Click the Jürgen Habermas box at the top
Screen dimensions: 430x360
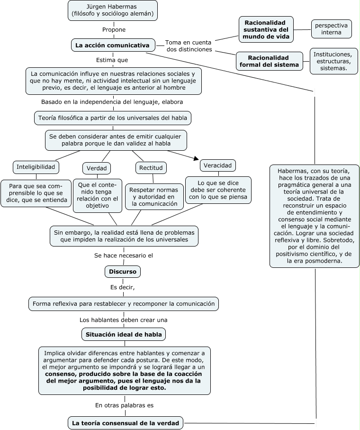point(113,10)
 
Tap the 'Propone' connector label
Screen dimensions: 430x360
point(114,29)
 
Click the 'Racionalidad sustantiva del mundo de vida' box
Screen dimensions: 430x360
point(266,29)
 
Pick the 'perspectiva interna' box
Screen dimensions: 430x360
point(331,29)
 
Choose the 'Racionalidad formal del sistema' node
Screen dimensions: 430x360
point(270,61)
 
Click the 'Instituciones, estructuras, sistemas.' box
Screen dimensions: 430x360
point(332,61)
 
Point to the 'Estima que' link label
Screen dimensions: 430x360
point(112,60)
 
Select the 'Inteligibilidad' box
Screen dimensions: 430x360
point(36,167)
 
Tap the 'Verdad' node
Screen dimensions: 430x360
point(97,168)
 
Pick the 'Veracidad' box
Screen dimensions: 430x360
point(218,165)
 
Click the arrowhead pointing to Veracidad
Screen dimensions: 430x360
point(194,158)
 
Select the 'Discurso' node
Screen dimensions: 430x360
point(123,272)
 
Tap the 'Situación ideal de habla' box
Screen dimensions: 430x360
point(124,334)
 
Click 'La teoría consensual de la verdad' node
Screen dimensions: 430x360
point(125,423)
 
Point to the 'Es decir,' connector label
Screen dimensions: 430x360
point(123,287)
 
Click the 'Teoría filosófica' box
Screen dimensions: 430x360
point(113,118)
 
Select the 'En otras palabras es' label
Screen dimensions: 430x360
point(124,405)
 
